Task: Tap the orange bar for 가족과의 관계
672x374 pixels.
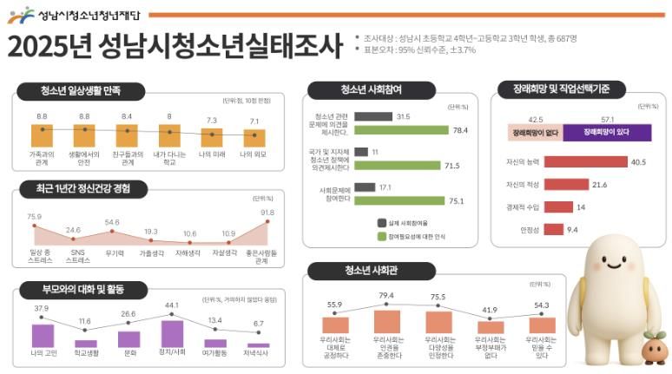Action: pyautogui.click(x=41, y=136)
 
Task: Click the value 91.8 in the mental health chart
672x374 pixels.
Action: pyautogui.click(x=267, y=213)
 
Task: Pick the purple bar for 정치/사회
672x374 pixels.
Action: pyautogui.click(x=172, y=333)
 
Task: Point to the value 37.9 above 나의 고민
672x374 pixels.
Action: pyautogui.click(x=41, y=308)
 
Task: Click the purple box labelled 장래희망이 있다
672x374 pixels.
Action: pyautogui.click(x=607, y=133)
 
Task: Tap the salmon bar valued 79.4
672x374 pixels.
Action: pyautogui.click(x=386, y=320)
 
